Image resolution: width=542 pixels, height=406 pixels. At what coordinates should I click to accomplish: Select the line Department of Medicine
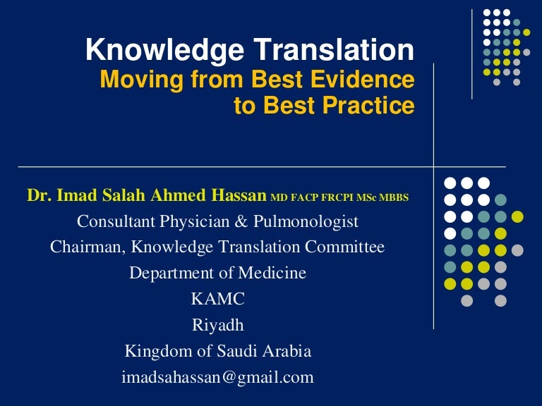click(217, 273)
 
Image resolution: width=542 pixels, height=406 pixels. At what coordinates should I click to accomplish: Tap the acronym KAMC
click(217, 299)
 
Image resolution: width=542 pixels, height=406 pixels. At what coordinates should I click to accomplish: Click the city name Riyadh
click(217, 326)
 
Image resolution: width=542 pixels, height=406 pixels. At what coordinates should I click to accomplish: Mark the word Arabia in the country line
click(286, 351)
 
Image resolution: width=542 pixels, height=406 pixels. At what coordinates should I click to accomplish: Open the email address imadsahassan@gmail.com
click(217, 377)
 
